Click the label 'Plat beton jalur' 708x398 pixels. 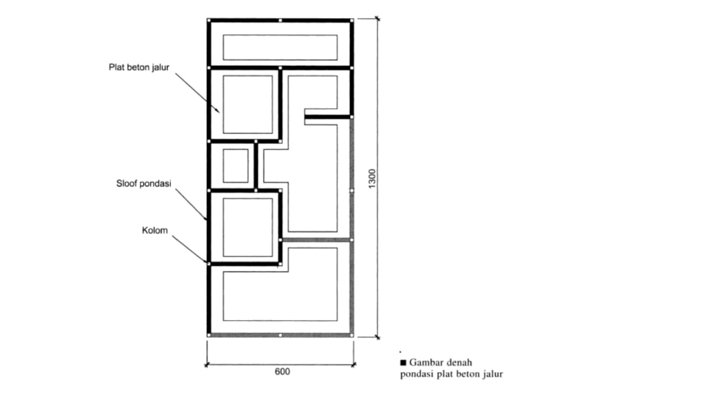pyautogui.click(x=139, y=67)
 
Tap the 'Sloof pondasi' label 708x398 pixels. pyautogui.click(x=144, y=184)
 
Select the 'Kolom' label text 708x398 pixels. pyautogui.click(x=155, y=231)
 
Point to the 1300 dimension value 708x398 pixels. pyautogui.click(x=372, y=179)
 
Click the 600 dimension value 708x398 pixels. pyautogui.click(x=282, y=372)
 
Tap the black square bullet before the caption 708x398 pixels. pyautogui.click(x=403, y=362)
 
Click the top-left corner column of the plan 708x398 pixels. pyautogui.click(x=209, y=20)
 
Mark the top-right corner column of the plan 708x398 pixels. pyautogui.click(x=352, y=20)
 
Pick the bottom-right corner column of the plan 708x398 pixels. pyautogui.click(x=352, y=335)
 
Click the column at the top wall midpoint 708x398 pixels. pyautogui.click(x=280, y=20)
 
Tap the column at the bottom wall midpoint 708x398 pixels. pyautogui.click(x=280, y=335)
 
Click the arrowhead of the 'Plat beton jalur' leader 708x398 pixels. pyautogui.click(x=218, y=112)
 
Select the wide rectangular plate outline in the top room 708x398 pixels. pyautogui.click(x=280, y=35)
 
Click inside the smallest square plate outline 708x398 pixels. pyautogui.click(x=236, y=166)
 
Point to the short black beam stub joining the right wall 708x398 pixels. pyautogui.click(x=328, y=117)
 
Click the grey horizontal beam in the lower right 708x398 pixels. pyautogui.click(x=316, y=240)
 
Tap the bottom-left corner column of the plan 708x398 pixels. pyautogui.click(x=209, y=335)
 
